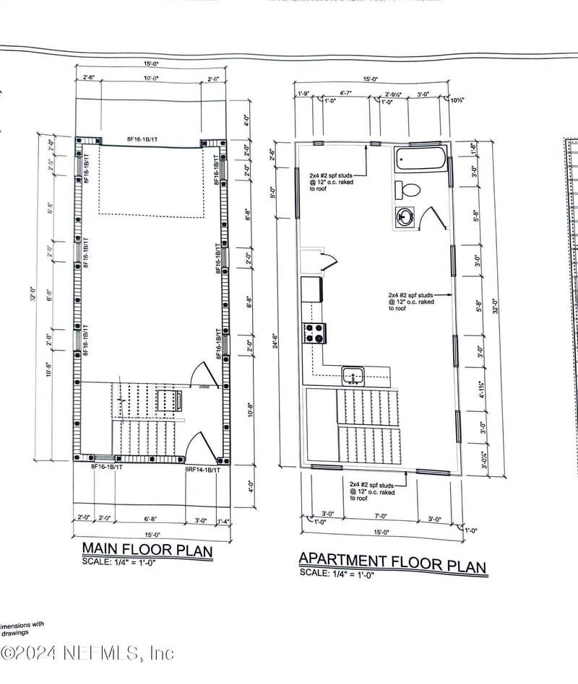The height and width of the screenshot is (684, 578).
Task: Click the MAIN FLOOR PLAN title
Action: [147, 551]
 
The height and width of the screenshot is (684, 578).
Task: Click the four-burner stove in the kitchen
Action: [315, 333]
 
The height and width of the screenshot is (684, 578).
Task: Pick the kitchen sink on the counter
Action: [353, 375]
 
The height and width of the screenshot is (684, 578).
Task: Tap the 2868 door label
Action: [204, 387]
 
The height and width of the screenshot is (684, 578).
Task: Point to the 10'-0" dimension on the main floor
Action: [150, 78]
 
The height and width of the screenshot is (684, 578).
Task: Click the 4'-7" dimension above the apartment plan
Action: [347, 93]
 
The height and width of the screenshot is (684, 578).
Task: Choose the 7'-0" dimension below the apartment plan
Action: [381, 517]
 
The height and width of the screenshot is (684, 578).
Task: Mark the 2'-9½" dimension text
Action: [394, 94]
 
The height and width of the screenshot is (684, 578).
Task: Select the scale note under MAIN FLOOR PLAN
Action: [118, 563]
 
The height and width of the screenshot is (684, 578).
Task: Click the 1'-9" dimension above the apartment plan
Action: [303, 93]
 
